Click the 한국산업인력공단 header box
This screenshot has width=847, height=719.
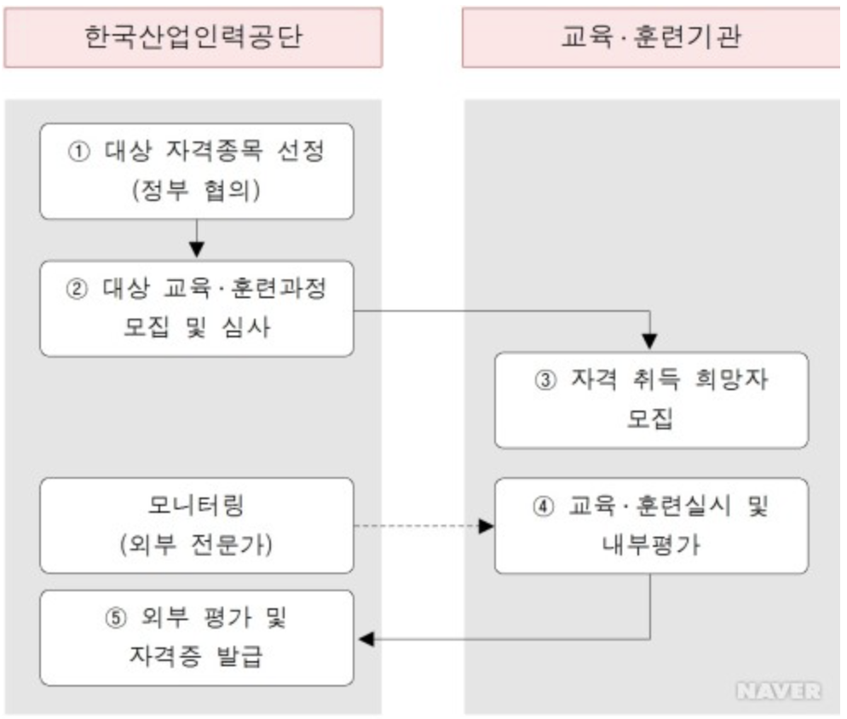click(193, 37)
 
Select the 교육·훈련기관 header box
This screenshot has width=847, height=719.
click(651, 37)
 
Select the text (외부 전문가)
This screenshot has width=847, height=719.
click(197, 544)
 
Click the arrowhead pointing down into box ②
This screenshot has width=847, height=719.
click(197, 250)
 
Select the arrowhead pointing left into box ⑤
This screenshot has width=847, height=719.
click(366, 638)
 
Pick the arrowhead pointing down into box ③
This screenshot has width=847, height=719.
click(651, 342)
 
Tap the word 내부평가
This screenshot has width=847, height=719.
click(650, 545)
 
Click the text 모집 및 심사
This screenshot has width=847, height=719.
click(197, 327)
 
